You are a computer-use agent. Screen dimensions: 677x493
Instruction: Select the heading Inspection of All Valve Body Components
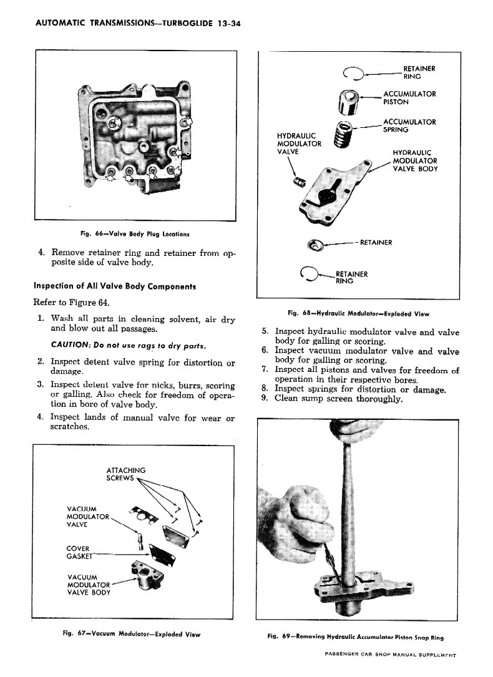click(x=115, y=286)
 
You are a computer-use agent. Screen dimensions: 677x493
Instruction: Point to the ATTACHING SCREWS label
click(x=125, y=474)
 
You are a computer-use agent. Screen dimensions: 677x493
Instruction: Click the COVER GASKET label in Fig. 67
click(x=80, y=552)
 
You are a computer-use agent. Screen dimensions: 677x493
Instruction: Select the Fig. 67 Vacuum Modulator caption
click(x=131, y=634)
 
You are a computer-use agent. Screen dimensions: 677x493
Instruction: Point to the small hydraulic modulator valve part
click(x=298, y=182)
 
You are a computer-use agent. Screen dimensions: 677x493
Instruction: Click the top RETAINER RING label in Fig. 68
click(x=419, y=72)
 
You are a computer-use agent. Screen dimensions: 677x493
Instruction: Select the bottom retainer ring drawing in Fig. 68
click(x=310, y=272)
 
